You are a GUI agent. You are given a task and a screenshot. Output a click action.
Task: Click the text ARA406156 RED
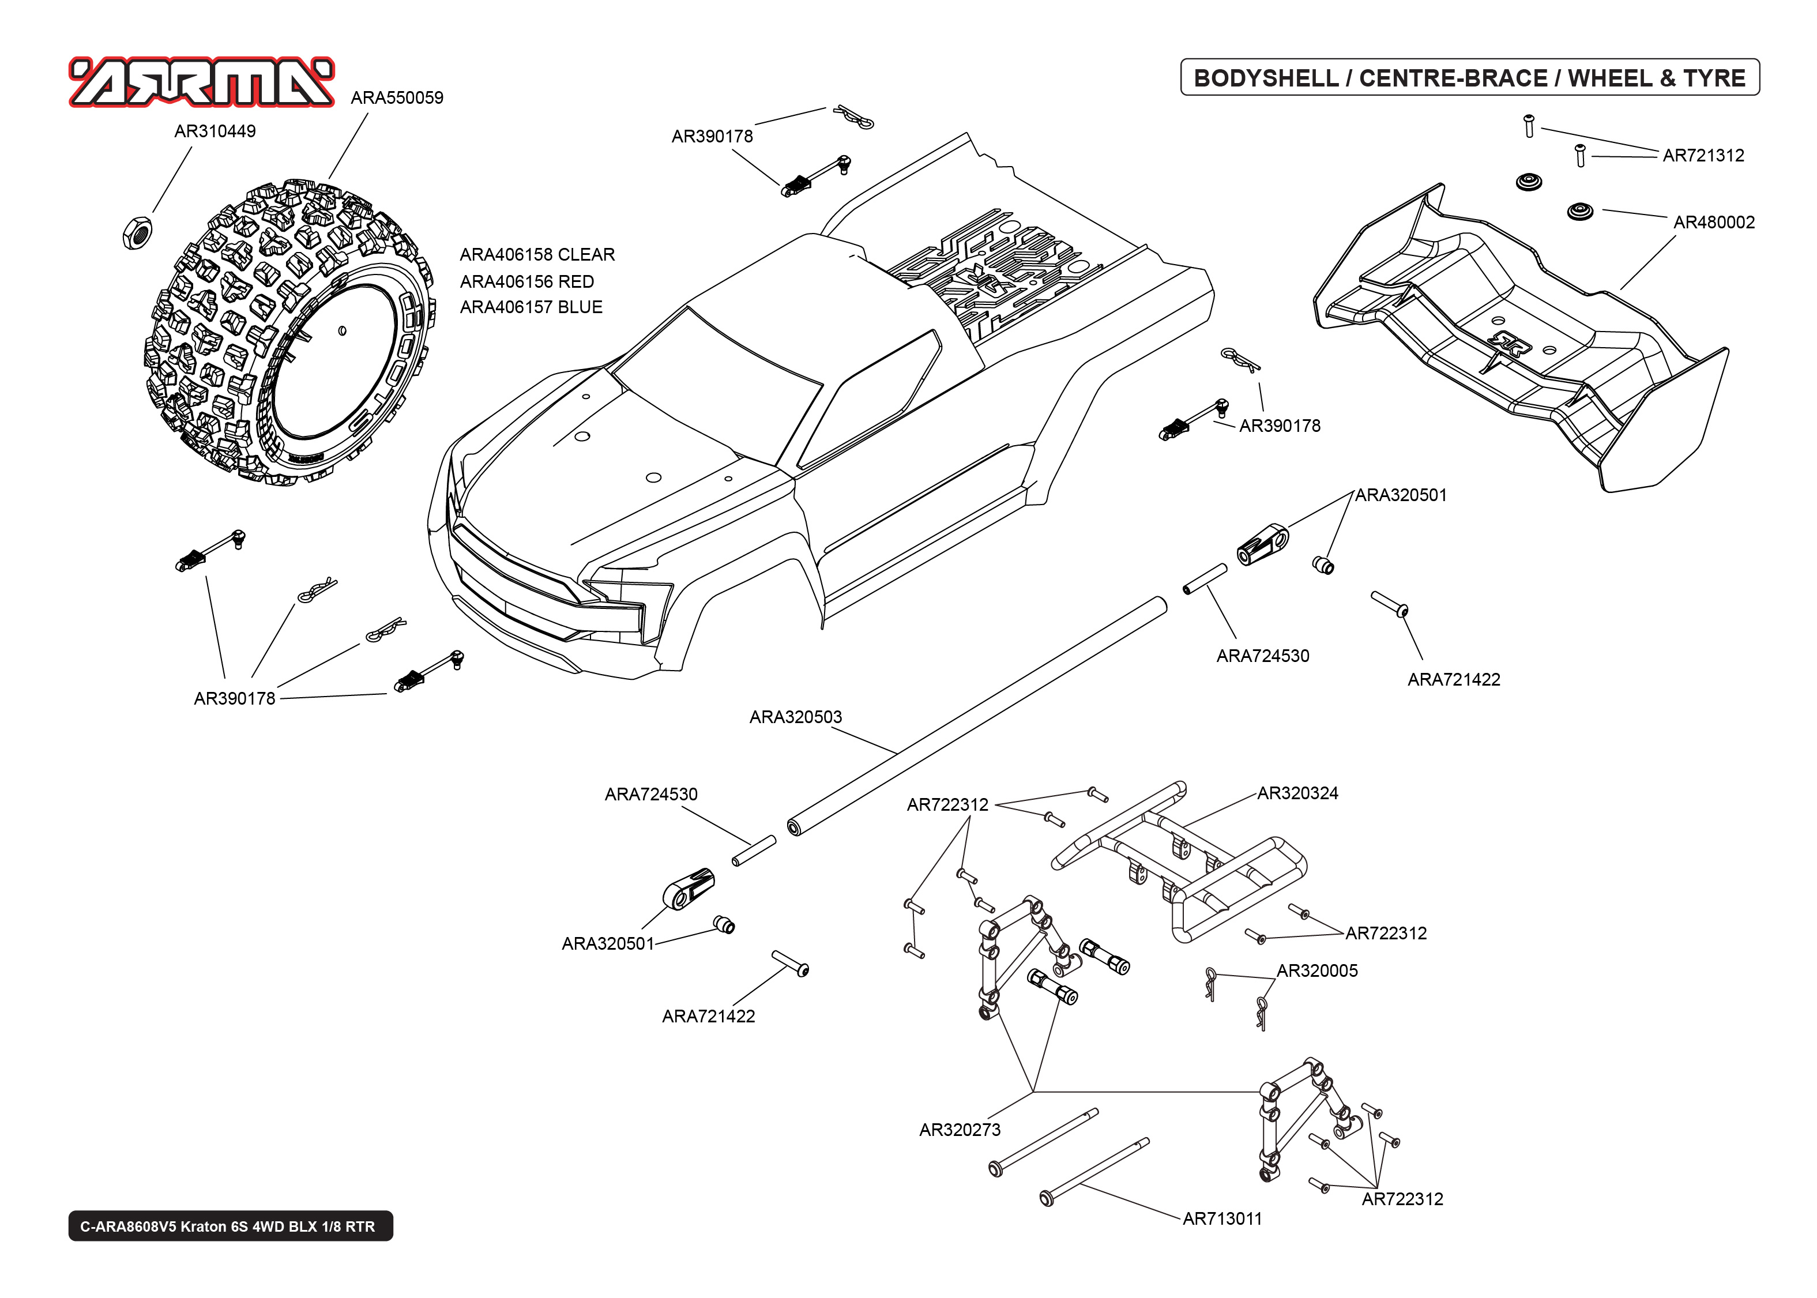526,281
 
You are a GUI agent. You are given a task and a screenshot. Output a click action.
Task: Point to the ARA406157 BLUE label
531,307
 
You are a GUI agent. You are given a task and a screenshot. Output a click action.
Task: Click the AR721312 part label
1703,156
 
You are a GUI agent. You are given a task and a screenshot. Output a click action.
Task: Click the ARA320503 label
795,717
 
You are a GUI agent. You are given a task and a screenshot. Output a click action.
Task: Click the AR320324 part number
1297,793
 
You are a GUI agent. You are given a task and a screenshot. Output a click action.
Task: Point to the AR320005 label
1317,970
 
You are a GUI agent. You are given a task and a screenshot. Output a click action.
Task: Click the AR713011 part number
1222,1218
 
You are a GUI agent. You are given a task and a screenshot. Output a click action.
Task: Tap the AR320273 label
959,1130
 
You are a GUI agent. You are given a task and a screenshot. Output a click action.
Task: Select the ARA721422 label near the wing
1454,679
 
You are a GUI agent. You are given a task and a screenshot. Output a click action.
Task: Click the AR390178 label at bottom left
234,698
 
